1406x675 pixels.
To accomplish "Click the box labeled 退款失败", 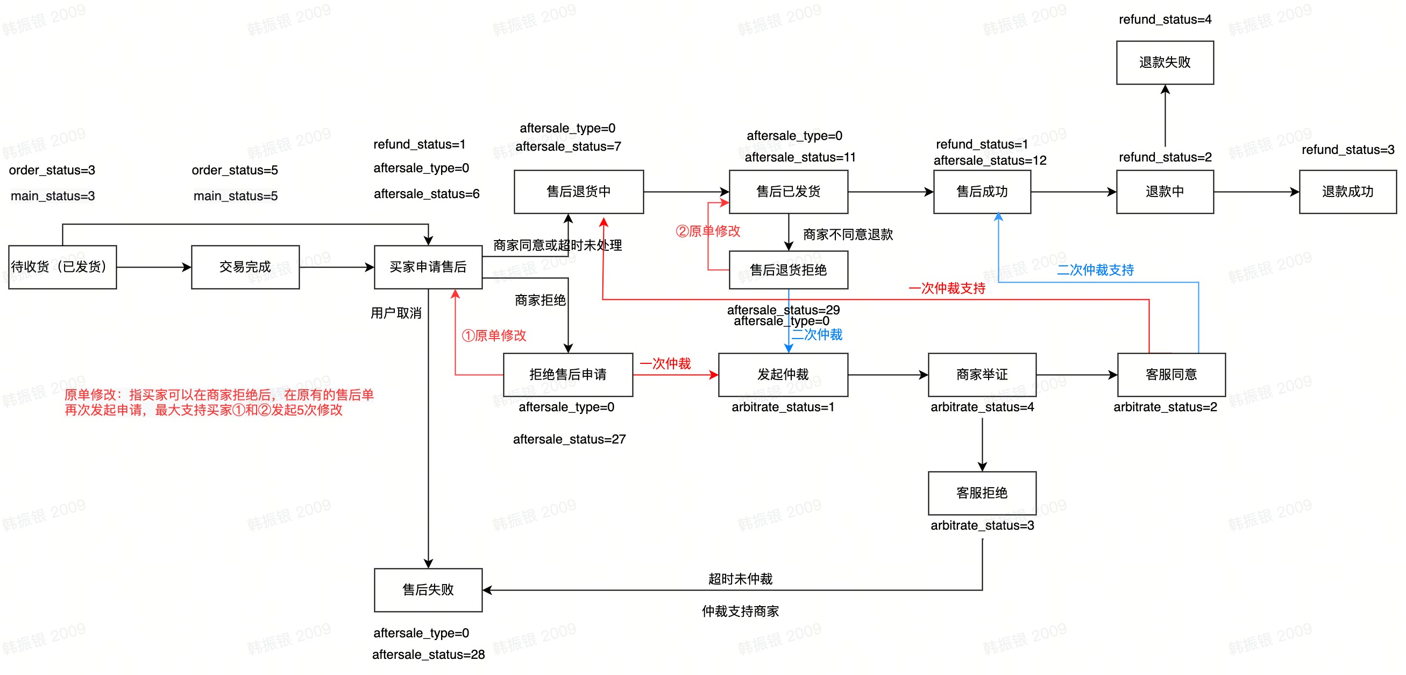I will click(1164, 62).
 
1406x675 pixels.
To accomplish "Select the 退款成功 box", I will click(1347, 192).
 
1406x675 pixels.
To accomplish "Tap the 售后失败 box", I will click(428, 590).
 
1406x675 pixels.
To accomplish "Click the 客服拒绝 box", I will click(982, 493).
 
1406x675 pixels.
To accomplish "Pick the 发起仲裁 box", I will click(783, 375).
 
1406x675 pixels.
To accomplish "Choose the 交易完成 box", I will click(245, 267).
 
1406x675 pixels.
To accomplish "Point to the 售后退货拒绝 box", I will click(788, 270).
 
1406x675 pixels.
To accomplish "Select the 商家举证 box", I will click(982, 375).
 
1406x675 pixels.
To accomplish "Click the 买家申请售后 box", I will click(428, 267).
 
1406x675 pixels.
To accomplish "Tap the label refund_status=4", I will click(1164, 20).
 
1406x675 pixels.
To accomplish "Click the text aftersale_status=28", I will click(429, 654).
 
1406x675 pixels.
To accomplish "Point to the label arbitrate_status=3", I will click(982, 525).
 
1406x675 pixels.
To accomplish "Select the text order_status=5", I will click(235, 171).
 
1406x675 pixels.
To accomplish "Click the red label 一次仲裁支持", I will click(947, 289).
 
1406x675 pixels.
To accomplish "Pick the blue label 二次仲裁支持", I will click(1095, 270).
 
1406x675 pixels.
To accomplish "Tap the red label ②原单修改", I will click(708, 231).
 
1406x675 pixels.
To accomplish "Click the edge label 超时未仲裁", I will click(740, 579).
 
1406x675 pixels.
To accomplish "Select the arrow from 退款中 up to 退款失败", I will click(1164, 117).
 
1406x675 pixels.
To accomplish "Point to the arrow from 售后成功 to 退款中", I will click(1073, 192).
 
